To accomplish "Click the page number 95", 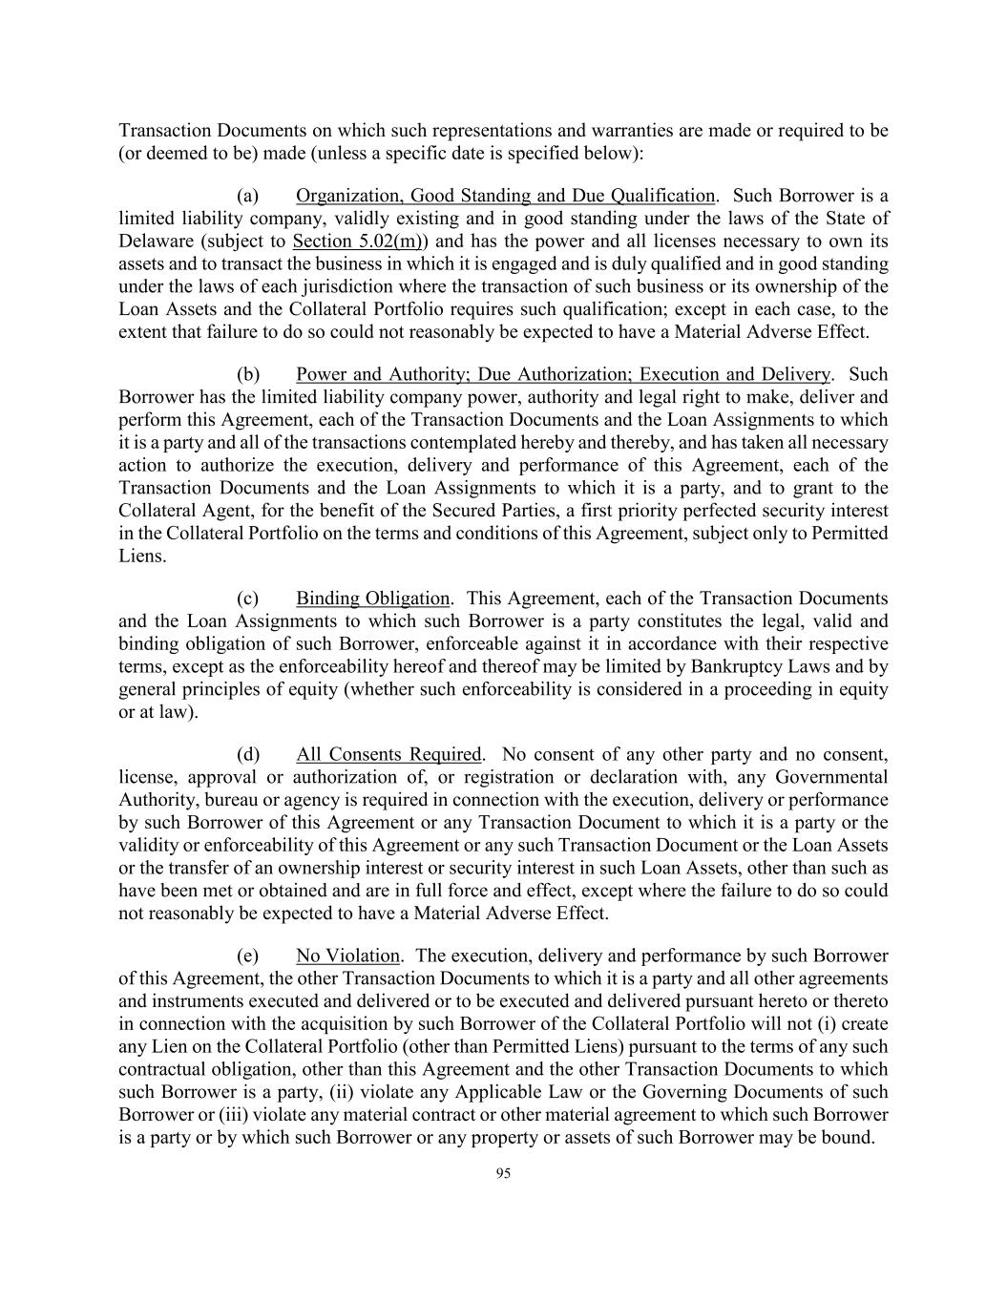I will point(503,1174).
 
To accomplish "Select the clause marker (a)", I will point(247,196).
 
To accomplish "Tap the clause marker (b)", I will point(247,374).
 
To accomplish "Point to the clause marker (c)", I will point(247,599).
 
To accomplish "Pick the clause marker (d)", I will point(247,754).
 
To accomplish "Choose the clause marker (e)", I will point(247,956).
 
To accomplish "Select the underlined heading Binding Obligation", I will point(372,599).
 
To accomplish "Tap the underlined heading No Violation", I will point(347,956).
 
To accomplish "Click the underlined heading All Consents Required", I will point(388,754).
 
